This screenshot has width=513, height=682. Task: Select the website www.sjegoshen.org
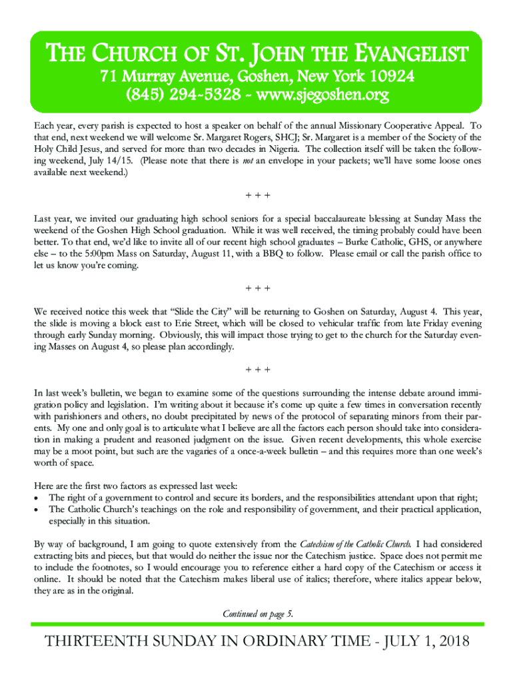click(321, 96)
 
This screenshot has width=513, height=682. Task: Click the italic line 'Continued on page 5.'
click(256, 613)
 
